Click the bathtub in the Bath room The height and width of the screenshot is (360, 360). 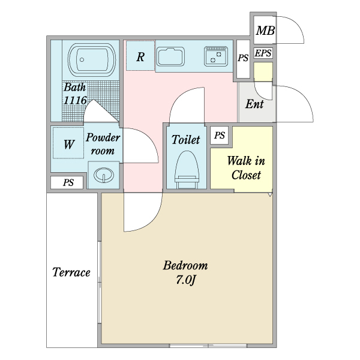(92, 59)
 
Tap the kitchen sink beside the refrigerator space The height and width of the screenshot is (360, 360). (170, 57)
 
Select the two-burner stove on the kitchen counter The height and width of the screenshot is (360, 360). (216, 56)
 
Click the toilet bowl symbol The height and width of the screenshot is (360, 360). (187, 169)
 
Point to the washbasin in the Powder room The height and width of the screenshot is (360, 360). (104, 175)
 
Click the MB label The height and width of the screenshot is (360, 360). (265, 31)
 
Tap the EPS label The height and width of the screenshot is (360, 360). (263, 53)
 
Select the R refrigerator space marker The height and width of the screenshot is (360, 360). (140, 56)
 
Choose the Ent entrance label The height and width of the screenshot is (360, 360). (254, 104)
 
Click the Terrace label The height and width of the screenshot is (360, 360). (71, 272)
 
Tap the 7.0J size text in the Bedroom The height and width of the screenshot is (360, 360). (186, 280)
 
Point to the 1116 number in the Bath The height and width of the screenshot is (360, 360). (75, 100)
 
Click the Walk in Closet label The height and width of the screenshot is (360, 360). (246, 168)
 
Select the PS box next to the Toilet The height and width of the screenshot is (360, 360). (219, 135)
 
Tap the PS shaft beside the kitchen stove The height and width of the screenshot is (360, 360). (243, 59)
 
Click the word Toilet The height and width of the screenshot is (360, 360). (185, 139)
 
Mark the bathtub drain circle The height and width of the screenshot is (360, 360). (82, 59)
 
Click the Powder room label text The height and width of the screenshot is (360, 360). (103, 144)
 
